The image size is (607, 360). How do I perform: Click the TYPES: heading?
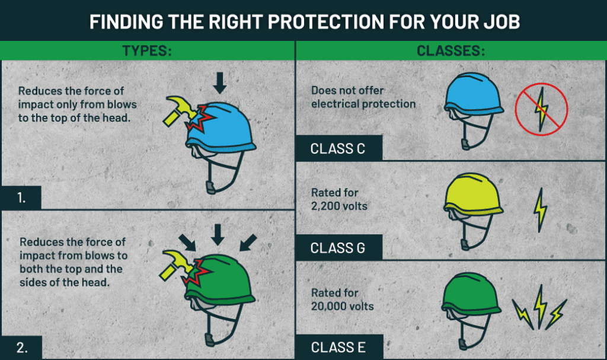pos(147,51)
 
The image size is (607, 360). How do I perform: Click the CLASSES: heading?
pos(451,51)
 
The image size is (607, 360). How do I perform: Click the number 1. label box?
pos(21,197)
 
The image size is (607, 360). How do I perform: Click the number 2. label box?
pos(22,347)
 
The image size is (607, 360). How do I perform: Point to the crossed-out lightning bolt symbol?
pos(541,109)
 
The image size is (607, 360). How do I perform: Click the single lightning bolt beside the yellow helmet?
pos(540,210)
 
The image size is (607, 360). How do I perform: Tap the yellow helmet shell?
pos(473,194)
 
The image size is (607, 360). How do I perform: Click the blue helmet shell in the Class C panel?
pos(473,93)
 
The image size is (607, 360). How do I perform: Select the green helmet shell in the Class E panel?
pos(471,294)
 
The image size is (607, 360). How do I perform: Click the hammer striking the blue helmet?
pos(180,110)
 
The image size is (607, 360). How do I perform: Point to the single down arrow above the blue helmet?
pos(219,82)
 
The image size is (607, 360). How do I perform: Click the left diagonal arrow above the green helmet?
pos(187,243)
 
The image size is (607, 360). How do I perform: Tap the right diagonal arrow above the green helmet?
pos(248,243)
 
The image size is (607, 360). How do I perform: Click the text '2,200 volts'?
pos(339,206)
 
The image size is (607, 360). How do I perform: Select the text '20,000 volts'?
pos(342,306)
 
